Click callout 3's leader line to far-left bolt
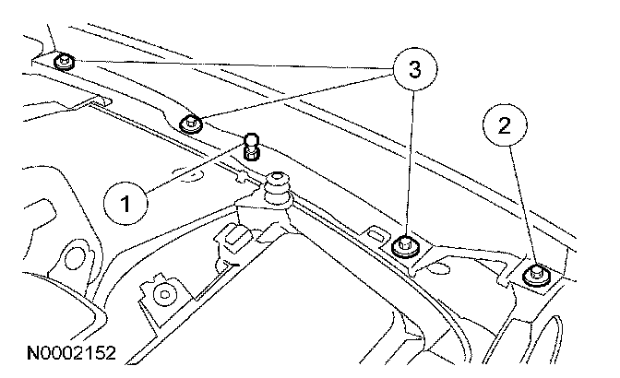click(x=231, y=64)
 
